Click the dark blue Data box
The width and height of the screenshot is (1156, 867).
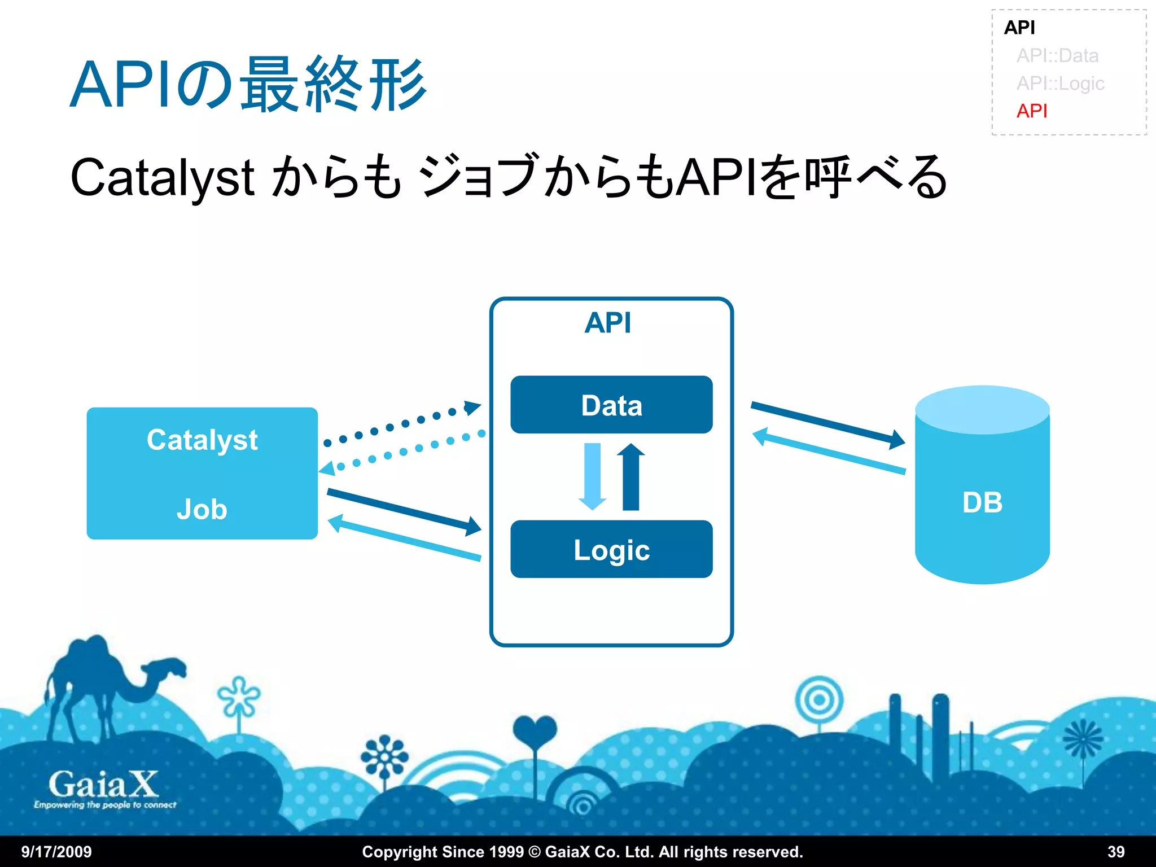point(611,405)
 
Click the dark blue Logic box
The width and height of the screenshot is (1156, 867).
point(611,549)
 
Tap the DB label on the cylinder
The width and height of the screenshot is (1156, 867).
point(982,502)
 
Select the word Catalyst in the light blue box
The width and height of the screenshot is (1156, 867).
point(202,440)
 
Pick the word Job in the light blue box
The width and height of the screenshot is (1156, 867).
point(202,509)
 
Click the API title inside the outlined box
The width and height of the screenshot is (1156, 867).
point(608,323)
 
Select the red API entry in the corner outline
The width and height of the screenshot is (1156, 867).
point(1031,111)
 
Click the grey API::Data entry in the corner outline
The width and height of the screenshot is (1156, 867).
point(1057,55)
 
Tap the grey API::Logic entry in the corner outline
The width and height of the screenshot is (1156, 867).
point(1060,83)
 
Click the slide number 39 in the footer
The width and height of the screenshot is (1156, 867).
point(1115,851)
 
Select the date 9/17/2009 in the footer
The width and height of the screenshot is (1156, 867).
point(56,851)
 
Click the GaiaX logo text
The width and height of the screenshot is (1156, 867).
point(103,785)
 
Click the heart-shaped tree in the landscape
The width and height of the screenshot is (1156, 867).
point(535,732)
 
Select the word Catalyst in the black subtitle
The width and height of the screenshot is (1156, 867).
point(162,178)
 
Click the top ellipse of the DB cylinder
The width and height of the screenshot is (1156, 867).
point(982,409)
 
